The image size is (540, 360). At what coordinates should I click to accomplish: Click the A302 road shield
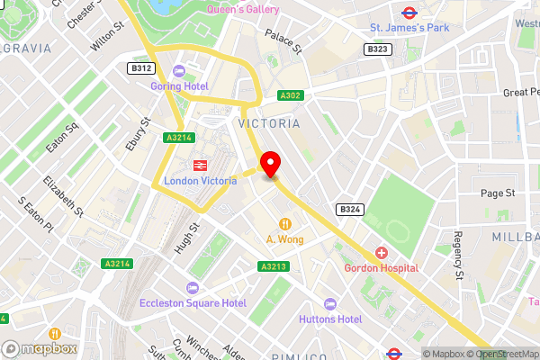point(289,95)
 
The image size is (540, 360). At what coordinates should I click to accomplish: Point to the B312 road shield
point(140,67)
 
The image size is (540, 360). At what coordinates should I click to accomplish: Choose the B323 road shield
point(378,49)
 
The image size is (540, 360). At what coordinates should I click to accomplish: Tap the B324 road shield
point(349,209)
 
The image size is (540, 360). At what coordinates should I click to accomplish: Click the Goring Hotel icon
point(178,72)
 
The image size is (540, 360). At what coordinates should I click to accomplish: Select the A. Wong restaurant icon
point(284,223)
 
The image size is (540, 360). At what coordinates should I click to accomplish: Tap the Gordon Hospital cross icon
point(381,253)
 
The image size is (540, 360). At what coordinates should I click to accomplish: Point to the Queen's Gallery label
point(242,9)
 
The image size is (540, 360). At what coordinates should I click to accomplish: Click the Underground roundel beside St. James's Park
point(408,13)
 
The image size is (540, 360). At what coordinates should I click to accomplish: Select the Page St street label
point(497,193)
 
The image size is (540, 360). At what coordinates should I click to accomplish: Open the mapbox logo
point(38,348)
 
